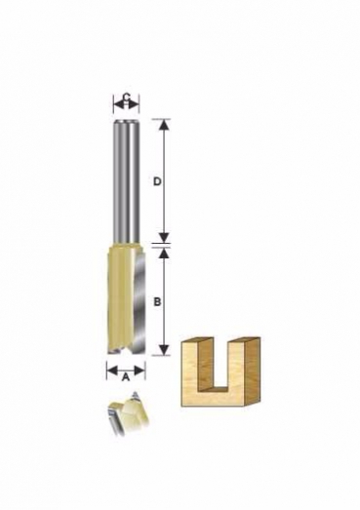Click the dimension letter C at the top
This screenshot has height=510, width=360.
pos(127,97)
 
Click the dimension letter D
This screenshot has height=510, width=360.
pos(157,181)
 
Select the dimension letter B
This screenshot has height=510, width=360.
pos(157,302)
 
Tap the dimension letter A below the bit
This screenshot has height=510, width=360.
pos(126,377)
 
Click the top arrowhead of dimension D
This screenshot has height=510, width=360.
pos(165,125)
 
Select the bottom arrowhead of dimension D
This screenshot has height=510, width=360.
pos(165,237)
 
